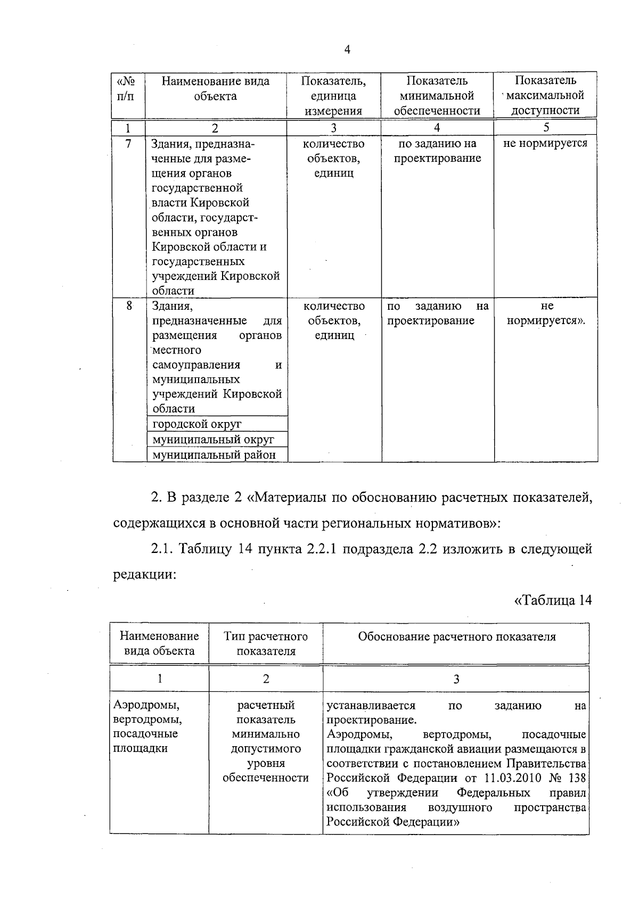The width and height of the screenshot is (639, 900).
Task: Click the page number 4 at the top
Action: pos(347,50)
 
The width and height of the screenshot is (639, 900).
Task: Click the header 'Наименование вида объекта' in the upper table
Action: pos(215,88)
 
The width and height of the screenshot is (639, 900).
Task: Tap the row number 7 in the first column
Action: pos(128,144)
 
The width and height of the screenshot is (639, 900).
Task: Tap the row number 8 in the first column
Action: pos(128,306)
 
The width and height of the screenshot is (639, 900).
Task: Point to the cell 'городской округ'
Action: pos(197,424)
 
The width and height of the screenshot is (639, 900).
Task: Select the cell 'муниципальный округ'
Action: pos(213,440)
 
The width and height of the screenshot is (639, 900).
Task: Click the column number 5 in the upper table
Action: pos(546,127)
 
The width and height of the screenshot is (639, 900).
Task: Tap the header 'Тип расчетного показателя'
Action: pos(266,643)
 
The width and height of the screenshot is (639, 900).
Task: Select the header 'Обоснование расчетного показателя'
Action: pos(456,637)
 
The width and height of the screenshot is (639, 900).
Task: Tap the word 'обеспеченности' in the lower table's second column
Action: pos(266,778)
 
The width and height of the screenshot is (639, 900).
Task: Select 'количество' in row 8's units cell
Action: pos(334,306)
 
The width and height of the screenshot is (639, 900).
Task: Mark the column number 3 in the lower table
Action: pos(456,679)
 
